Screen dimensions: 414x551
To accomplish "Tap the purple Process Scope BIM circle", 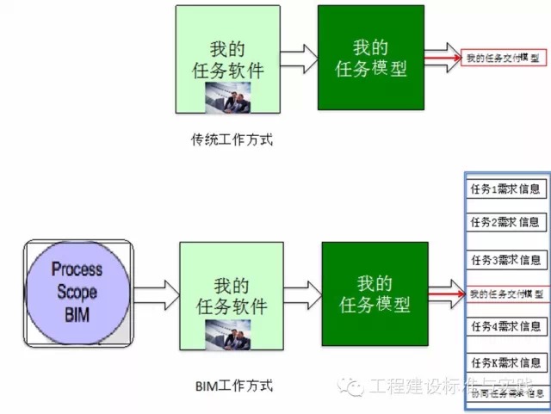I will click(x=77, y=292).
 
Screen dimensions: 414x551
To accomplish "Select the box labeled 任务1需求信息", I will click(x=505, y=189).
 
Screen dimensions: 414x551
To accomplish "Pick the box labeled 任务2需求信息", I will click(x=505, y=222).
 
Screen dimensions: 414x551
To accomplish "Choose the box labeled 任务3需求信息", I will click(x=505, y=260).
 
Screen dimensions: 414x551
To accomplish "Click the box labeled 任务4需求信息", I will click(x=505, y=326).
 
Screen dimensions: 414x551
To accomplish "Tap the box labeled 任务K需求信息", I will click(x=505, y=362).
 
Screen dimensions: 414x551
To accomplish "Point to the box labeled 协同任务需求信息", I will click(x=505, y=393).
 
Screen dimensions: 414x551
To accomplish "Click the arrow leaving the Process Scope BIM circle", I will click(x=155, y=292).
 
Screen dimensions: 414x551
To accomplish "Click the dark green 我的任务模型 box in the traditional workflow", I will click(x=370, y=57).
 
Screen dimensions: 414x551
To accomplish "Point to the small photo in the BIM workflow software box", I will click(x=231, y=334).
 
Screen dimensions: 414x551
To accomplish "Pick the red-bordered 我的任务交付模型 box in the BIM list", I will click(x=505, y=294).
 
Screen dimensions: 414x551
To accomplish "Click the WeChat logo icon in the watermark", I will click(x=351, y=386).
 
